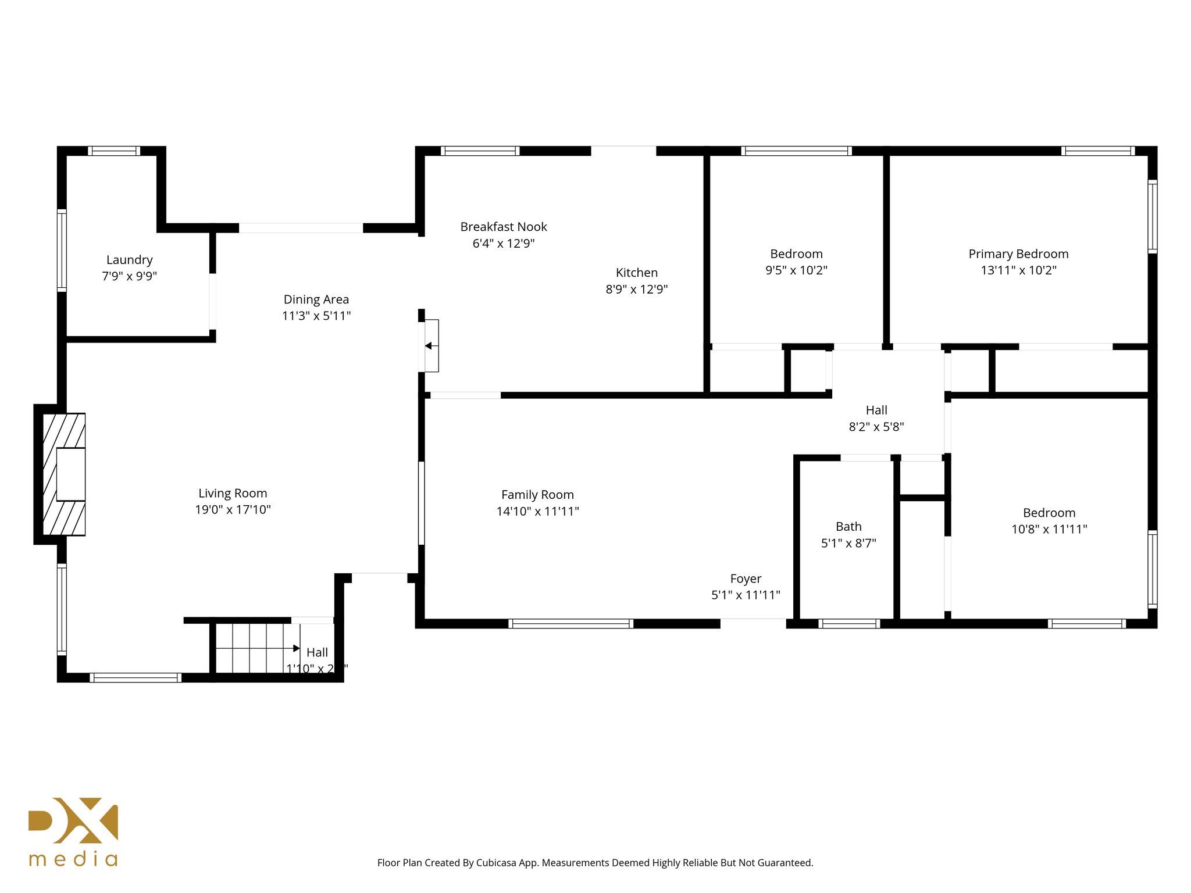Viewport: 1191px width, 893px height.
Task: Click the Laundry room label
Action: (129, 260)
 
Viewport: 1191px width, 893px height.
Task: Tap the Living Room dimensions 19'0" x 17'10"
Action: (233, 510)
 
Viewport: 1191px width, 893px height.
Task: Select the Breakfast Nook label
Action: (504, 227)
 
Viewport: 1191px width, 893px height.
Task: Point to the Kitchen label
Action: (637, 273)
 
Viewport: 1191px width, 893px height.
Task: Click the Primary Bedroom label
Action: (1018, 254)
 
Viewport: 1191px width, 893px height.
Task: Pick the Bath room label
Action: (848, 527)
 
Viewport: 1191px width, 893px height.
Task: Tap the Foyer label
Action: (746, 579)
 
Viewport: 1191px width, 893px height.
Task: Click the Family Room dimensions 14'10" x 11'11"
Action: (537, 512)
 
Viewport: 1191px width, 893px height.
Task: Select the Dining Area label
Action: (316, 299)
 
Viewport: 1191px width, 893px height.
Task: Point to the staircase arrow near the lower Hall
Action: (296, 648)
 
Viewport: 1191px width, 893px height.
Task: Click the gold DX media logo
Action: (73, 831)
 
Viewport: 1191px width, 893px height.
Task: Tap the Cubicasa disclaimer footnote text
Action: (595, 863)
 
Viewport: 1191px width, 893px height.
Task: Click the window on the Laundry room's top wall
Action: (114, 151)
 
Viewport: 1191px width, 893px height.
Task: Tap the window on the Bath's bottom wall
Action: (849, 624)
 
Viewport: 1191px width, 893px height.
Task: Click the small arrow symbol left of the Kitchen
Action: (429, 346)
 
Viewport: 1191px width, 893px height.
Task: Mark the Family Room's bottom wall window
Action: (570, 624)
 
